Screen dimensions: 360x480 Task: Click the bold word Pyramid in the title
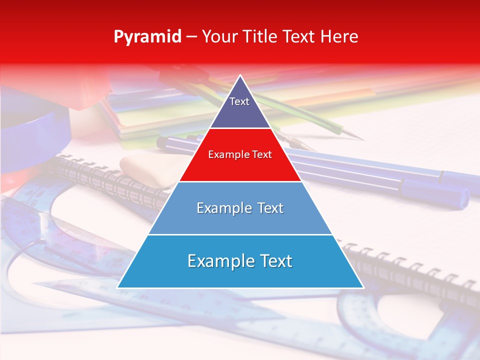click(147, 36)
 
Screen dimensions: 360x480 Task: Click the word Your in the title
click(220, 36)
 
